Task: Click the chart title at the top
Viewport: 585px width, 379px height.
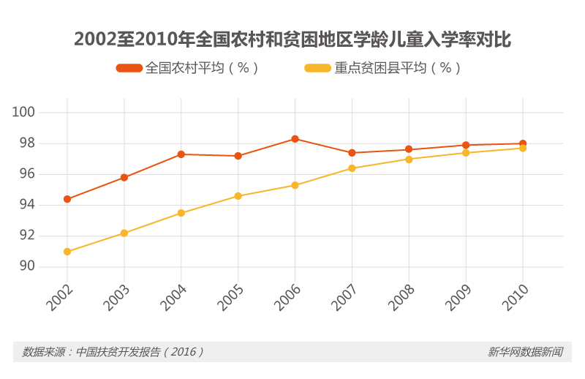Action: [292, 39]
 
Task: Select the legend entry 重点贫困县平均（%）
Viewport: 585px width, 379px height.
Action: [382, 68]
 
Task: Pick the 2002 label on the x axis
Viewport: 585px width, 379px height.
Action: [61, 296]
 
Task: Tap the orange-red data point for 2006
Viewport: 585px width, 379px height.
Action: [295, 138]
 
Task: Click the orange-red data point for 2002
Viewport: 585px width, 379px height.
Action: [67, 199]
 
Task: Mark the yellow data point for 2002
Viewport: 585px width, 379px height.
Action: [67, 252]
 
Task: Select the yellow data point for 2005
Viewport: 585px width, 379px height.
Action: [238, 196]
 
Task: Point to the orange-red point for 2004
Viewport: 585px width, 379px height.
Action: [181, 154]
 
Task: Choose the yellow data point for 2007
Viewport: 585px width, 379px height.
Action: [352, 168]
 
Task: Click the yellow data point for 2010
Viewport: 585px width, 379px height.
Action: [523, 149]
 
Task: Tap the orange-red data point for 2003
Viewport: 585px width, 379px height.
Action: [124, 177]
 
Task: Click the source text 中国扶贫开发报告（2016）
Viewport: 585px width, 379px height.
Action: [113, 352]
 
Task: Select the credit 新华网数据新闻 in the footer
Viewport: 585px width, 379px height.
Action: [525, 352]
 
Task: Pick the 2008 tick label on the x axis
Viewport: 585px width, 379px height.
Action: [402, 296]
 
